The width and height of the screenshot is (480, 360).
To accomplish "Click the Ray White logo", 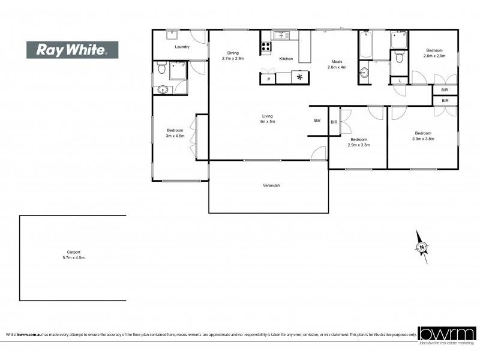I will pos(72,50).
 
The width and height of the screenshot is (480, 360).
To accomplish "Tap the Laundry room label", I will pos(182,47).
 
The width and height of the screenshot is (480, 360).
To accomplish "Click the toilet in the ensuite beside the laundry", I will pos(160,70).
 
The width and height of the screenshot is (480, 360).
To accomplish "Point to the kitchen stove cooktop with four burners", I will pos(265,47).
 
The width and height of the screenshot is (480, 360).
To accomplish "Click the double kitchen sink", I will pos(281,35).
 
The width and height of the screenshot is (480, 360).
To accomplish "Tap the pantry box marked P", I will pos(268,79).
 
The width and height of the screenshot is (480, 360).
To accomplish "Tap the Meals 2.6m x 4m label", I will pos(337,64).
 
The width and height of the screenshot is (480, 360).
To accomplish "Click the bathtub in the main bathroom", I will pos(366,44).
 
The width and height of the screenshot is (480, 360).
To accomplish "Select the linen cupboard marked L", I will pos(400,80).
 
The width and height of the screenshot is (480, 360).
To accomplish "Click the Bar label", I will pos(317,121).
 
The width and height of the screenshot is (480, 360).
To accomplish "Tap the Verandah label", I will pos(272,185).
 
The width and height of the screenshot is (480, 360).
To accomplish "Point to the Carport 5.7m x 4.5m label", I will pos(74,255).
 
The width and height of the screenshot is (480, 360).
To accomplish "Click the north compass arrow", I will pos(422,246).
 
